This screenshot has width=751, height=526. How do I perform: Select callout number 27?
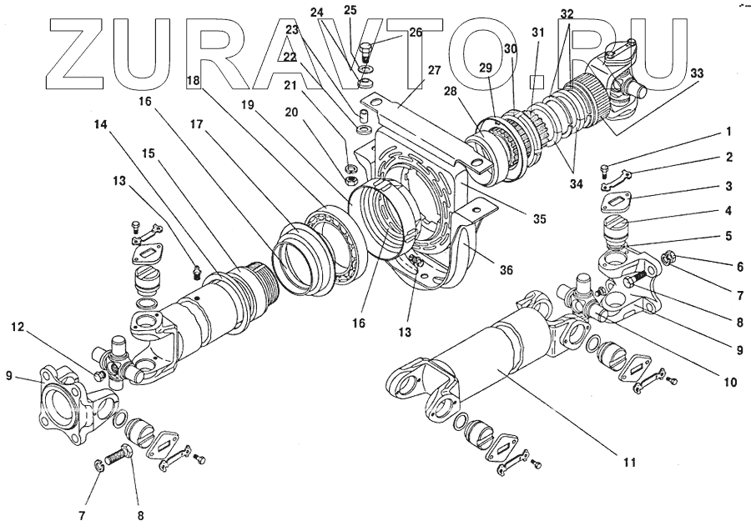click(433, 71)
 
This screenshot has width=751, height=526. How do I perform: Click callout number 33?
click(696, 73)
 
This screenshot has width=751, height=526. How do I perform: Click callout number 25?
click(350, 10)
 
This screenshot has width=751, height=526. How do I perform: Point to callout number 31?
click(538, 33)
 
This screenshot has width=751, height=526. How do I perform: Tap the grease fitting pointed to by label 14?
click(197, 272)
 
